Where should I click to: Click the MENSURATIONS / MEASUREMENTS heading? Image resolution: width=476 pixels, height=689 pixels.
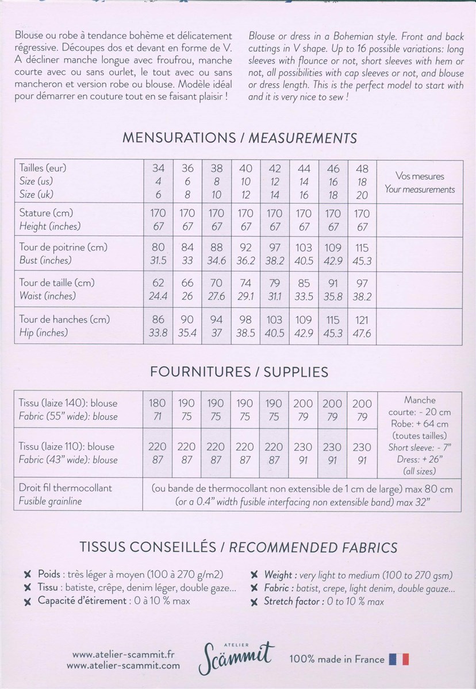click(239, 138)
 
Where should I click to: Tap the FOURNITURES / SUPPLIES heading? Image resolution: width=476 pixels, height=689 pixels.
click(239, 371)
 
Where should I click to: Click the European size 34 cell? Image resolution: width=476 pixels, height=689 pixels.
click(158, 169)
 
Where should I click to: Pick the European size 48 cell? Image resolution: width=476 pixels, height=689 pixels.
click(362, 169)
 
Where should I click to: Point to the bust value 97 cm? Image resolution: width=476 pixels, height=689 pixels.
click(275, 247)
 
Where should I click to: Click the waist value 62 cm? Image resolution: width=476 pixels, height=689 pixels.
click(158, 283)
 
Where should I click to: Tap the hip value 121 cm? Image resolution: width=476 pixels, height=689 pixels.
click(362, 320)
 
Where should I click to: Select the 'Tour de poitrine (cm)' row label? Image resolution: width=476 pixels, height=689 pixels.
click(63, 247)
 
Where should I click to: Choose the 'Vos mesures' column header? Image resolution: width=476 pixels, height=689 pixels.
click(420, 176)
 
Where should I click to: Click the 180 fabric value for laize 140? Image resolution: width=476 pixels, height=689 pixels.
click(158, 403)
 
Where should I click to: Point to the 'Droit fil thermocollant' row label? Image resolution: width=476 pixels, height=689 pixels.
click(66, 487)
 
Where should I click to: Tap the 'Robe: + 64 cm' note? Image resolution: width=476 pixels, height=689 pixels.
click(420, 423)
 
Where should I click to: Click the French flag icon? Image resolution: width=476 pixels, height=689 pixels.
click(399, 659)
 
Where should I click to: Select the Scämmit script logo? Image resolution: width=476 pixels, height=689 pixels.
click(236, 656)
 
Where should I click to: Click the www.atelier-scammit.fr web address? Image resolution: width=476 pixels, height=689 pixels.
click(124, 654)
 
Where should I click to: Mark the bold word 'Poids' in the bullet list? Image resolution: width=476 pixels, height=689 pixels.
click(48, 574)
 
